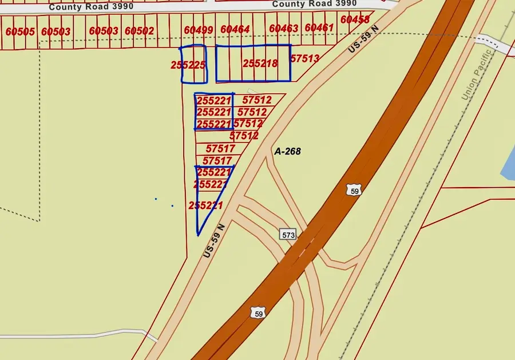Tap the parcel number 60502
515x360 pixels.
click(x=139, y=31)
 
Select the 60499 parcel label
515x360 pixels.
click(x=199, y=30)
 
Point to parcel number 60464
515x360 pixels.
click(x=235, y=29)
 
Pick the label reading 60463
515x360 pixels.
click(x=283, y=29)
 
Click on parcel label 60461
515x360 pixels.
click(x=319, y=27)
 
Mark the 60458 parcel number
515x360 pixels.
click(x=355, y=19)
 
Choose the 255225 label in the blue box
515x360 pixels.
click(x=188, y=65)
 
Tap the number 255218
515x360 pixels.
click(x=260, y=63)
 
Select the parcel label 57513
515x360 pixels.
click(x=304, y=58)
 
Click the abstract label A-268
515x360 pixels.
click(x=287, y=152)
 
